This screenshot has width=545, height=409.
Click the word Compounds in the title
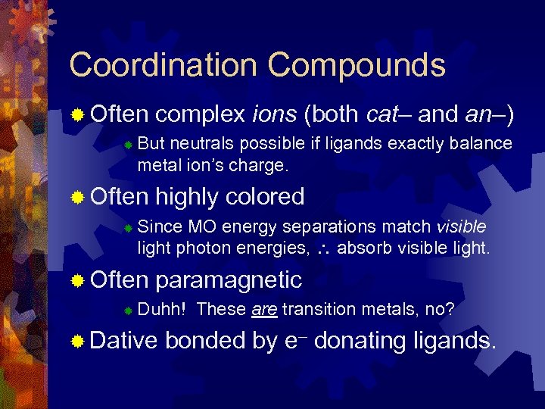pyautogui.click(x=356, y=65)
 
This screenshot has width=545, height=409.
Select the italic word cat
pyautogui.click(x=382, y=115)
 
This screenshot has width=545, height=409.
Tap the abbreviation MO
pyautogui.click(x=201, y=226)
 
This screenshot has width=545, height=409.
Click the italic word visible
pyautogui.click(x=461, y=226)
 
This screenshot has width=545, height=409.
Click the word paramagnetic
pyautogui.click(x=229, y=280)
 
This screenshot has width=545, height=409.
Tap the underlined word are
pyautogui.click(x=261, y=309)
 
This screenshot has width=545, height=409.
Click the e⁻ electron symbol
pyautogui.click(x=295, y=341)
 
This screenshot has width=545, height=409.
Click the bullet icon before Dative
pyautogui.click(x=76, y=342)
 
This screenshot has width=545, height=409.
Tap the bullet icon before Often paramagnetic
pyautogui.click(x=76, y=281)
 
